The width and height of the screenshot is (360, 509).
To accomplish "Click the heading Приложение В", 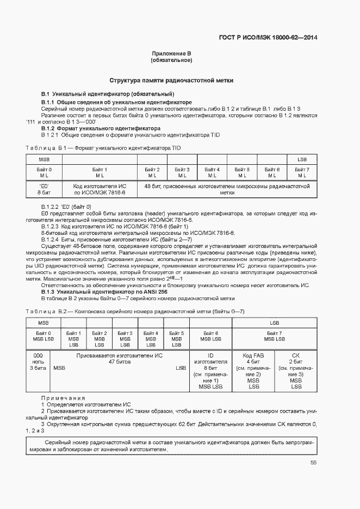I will pyautogui.click(x=171, y=53).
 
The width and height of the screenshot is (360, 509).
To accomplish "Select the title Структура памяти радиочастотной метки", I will pyautogui.click(x=171, y=80).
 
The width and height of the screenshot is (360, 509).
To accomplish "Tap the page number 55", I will pyautogui.click(x=314, y=463).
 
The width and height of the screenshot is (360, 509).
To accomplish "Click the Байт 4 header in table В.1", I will pyautogui.click(x=212, y=172).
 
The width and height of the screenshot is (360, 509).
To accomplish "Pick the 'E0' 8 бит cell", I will pyautogui.click(x=44, y=189).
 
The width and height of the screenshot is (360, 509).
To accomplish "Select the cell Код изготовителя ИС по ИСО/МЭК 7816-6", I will pyautogui.click(x=100, y=189).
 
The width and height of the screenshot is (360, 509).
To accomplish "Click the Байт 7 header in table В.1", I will pyautogui.click(x=302, y=172).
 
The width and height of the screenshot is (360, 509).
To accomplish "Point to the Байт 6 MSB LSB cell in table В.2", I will pyautogui.click(x=210, y=336).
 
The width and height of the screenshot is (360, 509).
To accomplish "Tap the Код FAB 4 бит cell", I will pyautogui.click(x=253, y=371).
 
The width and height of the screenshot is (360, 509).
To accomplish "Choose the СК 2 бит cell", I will pyautogui.click(x=296, y=371).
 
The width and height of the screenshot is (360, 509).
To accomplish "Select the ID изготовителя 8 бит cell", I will pyautogui.click(x=210, y=371).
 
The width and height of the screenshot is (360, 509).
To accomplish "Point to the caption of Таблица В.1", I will pyautogui.click(x=104, y=148).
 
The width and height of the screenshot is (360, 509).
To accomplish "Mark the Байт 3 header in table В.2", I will pyautogui.click(x=125, y=338).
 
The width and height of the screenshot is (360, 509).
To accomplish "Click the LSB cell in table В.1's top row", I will pyautogui.click(x=302, y=159).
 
